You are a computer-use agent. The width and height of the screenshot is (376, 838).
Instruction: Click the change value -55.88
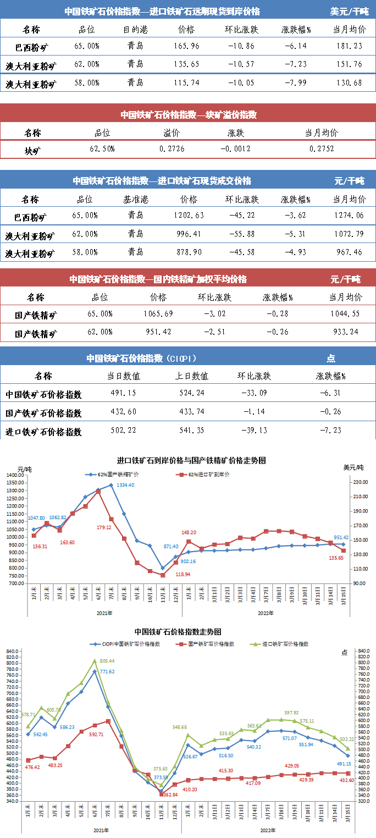(240, 235)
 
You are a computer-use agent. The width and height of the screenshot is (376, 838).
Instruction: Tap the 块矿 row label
(32, 149)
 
